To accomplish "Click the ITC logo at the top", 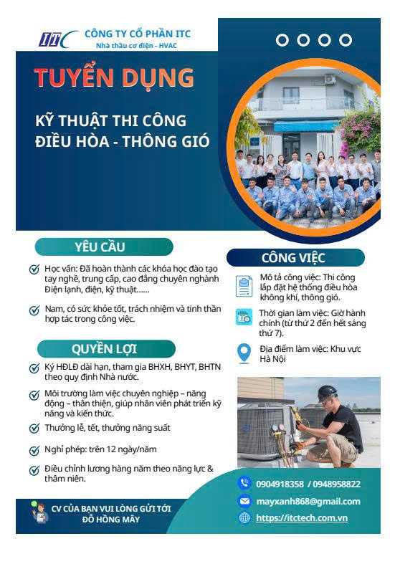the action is click(x=59, y=39).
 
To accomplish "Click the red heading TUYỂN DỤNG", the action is click(x=114, y=77).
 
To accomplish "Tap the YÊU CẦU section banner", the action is click(x=104, y=247).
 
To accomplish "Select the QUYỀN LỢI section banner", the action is click(x=106, y=349).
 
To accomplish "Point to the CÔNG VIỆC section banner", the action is click(x=295, y=257).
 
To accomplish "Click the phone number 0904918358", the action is click(x=280, y=484).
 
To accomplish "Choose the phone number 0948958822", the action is click(x=336, y=484).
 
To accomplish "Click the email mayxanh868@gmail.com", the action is click(x=308, y=502).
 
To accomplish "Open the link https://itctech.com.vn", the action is click(x=302, y=517).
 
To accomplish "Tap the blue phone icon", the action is click(x=244, y=483).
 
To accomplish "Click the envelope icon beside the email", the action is click(x=244, y=501).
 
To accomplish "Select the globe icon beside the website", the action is click(x=244, y=517).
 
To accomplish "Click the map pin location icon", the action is click(x=244, y=353).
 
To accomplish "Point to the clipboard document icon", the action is click(x=244, y=287).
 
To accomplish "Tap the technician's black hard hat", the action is click(x=328, y=393).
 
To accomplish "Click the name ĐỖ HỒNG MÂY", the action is click(x=111, y=520).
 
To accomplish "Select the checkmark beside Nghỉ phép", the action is click(x=34, y=450).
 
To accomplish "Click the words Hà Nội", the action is click(x=272, y=358).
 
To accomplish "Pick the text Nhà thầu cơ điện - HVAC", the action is click(x=136, y=46).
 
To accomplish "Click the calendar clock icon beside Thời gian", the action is click(x=244, y=317).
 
